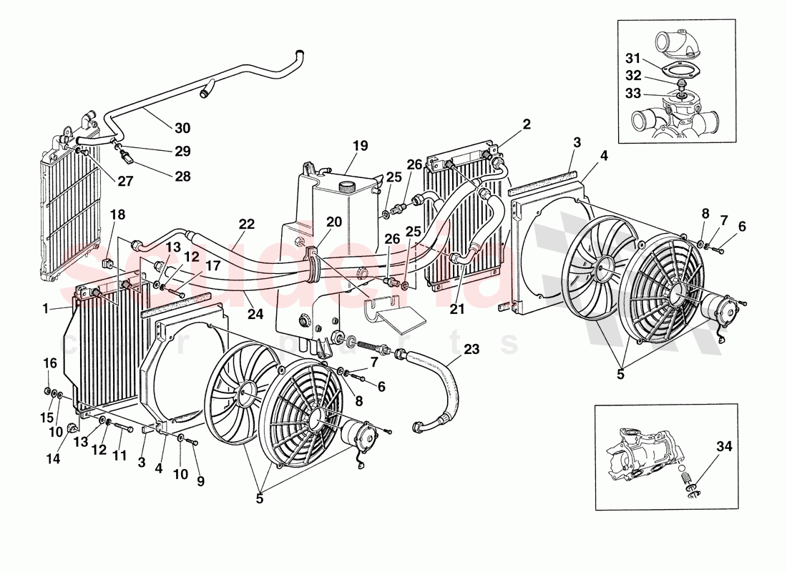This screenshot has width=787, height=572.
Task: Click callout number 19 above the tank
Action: pyautogui.click(x=360, y=146)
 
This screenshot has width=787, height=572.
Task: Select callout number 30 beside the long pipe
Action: pyautogui.click(x=183, y=128)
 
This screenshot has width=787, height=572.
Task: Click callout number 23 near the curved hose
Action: pyautogui.click(x=471, y=350)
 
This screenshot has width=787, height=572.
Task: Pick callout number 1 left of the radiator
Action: pyautogui.click(x=45, y=309)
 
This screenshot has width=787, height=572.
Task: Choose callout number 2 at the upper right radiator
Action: pyautogui.click(x=527, y=124)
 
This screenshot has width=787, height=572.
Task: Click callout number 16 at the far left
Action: pyautogui.click(x=49, y=363)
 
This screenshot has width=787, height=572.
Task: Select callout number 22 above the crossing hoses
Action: pyautogui.click(x=247, y=224)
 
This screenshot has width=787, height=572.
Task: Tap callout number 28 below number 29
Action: pyautogui.click(x=183, y=176)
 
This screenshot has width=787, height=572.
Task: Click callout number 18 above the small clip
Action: pyautogui.click(x=117, y=214)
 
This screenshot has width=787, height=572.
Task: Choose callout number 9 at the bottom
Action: pyautogui.click(x=200, y=481)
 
